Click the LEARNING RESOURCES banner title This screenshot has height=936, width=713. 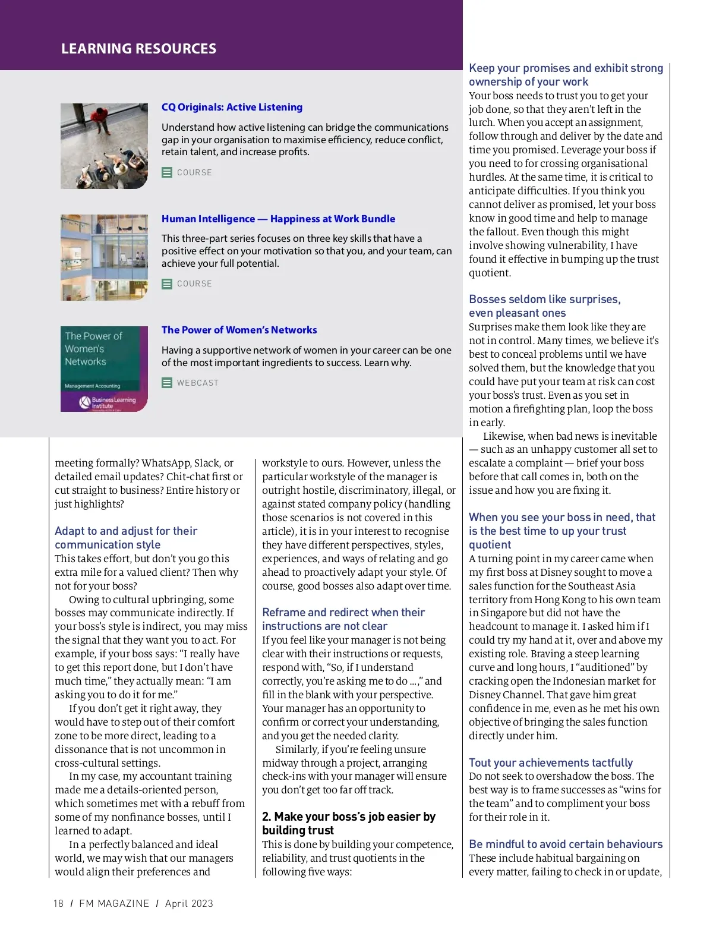tap(138, 49)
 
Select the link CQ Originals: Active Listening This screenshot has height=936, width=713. tap(232, 107)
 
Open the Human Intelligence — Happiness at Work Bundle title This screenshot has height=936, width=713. tap(278, 219)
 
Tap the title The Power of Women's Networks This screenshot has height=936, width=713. tap(239, 330)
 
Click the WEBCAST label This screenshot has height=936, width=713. tap(198, 383)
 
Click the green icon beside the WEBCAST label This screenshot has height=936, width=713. tap(167, 383)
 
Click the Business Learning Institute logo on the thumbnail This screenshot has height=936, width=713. tap(107, 402)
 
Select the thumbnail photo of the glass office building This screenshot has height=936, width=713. tap(104, 257)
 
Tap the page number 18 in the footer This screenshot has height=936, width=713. tap(58, 903)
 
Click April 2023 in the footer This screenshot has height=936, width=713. tap(189, 903)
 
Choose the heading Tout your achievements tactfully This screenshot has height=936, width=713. tap(550, 762)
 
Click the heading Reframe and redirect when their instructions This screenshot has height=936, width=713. tap(343, 619)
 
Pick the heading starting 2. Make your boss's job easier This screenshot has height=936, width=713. tap(349, 823)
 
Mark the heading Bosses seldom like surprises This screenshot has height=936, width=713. tap(544, 305)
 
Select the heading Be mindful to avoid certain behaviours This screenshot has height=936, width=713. tap(565, 844)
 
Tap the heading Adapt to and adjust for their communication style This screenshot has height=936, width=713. tap(126, 537)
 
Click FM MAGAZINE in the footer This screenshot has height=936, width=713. tap(114, 903)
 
